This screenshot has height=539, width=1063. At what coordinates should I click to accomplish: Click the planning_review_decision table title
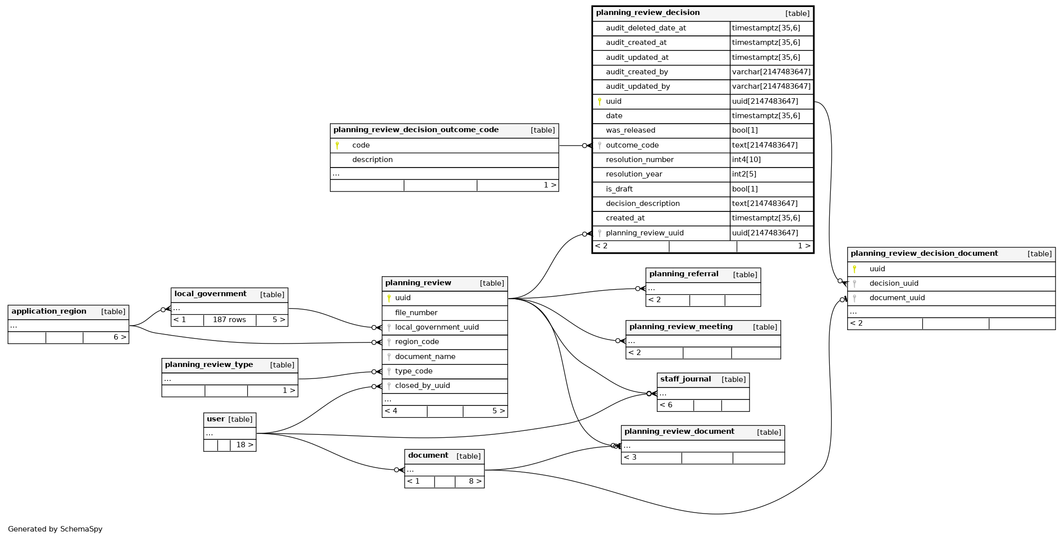coord(647,13)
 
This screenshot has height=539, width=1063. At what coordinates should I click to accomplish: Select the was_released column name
coord(630,131)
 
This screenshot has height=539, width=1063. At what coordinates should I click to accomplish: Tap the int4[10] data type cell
coord(746,160)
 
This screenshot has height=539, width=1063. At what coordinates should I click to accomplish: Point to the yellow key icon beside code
coord(337,146)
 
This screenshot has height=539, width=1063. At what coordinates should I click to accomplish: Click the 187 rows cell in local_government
coord(229,320)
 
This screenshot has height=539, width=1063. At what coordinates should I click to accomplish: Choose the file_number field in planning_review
coord(416,313)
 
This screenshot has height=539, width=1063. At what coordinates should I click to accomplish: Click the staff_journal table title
coord(685,379)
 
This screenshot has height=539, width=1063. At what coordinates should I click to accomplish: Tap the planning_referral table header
coord(703,275)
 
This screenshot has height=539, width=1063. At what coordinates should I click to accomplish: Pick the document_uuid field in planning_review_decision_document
coord(897,298)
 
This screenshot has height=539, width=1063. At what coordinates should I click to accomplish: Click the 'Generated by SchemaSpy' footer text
coord(55,529)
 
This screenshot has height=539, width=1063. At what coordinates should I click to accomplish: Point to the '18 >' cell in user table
coord(244,445)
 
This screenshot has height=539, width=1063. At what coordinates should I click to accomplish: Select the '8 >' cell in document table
coord(475,482)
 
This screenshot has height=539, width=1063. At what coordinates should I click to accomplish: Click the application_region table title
coord(49,312)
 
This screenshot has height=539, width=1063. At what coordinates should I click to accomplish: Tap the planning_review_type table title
coord(209,365)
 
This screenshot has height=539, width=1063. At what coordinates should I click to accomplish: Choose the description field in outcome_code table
coord(372,160)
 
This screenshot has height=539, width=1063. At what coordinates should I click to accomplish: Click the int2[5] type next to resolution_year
coord(744,175)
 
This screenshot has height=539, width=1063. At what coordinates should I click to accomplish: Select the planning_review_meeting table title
coord(681,327)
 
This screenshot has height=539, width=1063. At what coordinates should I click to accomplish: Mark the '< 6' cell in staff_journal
coord(666,405)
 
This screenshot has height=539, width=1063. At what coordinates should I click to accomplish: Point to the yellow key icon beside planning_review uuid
coord(389,298)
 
